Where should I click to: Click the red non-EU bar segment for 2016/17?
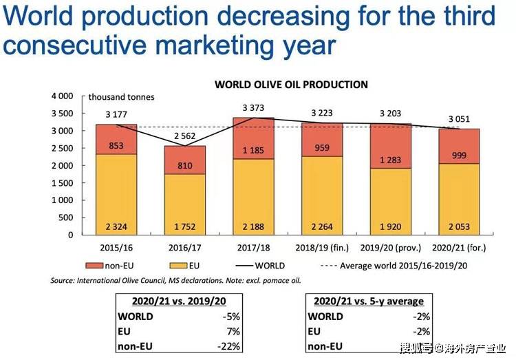tap(184, 160)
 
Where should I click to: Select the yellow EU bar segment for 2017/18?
tap(253, 197)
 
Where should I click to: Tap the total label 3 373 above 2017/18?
tap(253, 107)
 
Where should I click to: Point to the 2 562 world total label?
tap(184, 136)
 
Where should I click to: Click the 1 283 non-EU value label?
tap(391, 160)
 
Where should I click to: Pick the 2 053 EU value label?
tap(459, 226)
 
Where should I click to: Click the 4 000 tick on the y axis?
tap(62, 96)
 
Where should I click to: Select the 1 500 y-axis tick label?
tap(62, 183)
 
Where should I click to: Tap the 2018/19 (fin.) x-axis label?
tap(322, 248)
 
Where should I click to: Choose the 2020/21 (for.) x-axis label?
tap(459, 248)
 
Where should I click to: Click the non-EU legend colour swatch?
tap(94, 266)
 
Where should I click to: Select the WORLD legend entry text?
tap(270, 266)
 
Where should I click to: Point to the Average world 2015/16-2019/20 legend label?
tap(403, 266)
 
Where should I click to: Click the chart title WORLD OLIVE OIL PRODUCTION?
tap(291, 85)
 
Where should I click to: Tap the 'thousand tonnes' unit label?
tap(121, 97)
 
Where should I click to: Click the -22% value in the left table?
tap(228, 346)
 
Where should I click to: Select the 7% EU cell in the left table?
tap(233, 331)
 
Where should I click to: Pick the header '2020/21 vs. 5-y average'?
tap(369, 301)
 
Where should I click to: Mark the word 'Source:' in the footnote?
tap(63, 281)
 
